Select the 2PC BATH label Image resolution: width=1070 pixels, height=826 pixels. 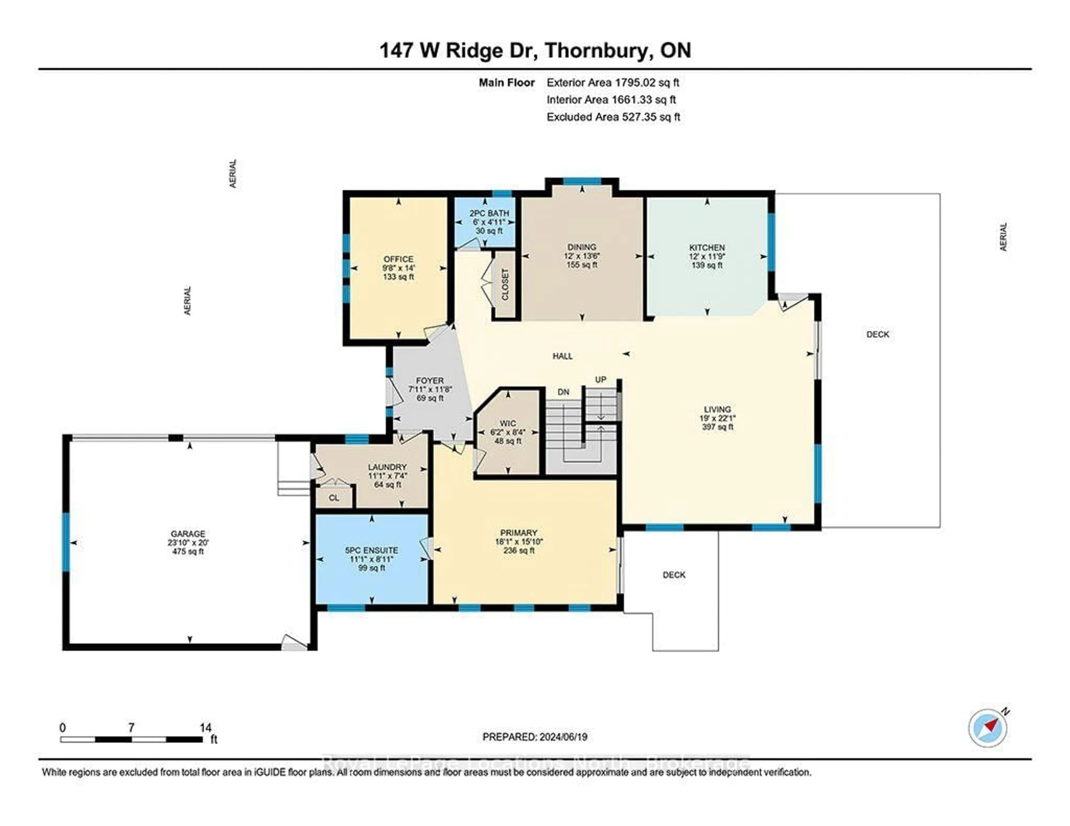coord(489,213)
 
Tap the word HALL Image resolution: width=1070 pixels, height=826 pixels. coord(562,356)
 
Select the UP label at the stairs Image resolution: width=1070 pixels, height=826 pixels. coord(601,380)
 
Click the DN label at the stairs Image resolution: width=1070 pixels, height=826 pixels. coord(563,392)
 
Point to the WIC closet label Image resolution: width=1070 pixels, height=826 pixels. coord(508,423)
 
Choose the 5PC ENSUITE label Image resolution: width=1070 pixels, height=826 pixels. coord(371,550)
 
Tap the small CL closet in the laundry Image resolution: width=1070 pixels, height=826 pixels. coord(334,498)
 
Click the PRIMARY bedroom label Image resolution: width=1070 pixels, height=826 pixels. coord(519,533)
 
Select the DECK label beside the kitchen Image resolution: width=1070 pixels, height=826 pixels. coord(877,334)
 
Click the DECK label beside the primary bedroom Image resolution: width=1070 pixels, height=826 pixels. coord(674,575)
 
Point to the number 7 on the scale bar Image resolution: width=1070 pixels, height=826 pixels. coord(131,728)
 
